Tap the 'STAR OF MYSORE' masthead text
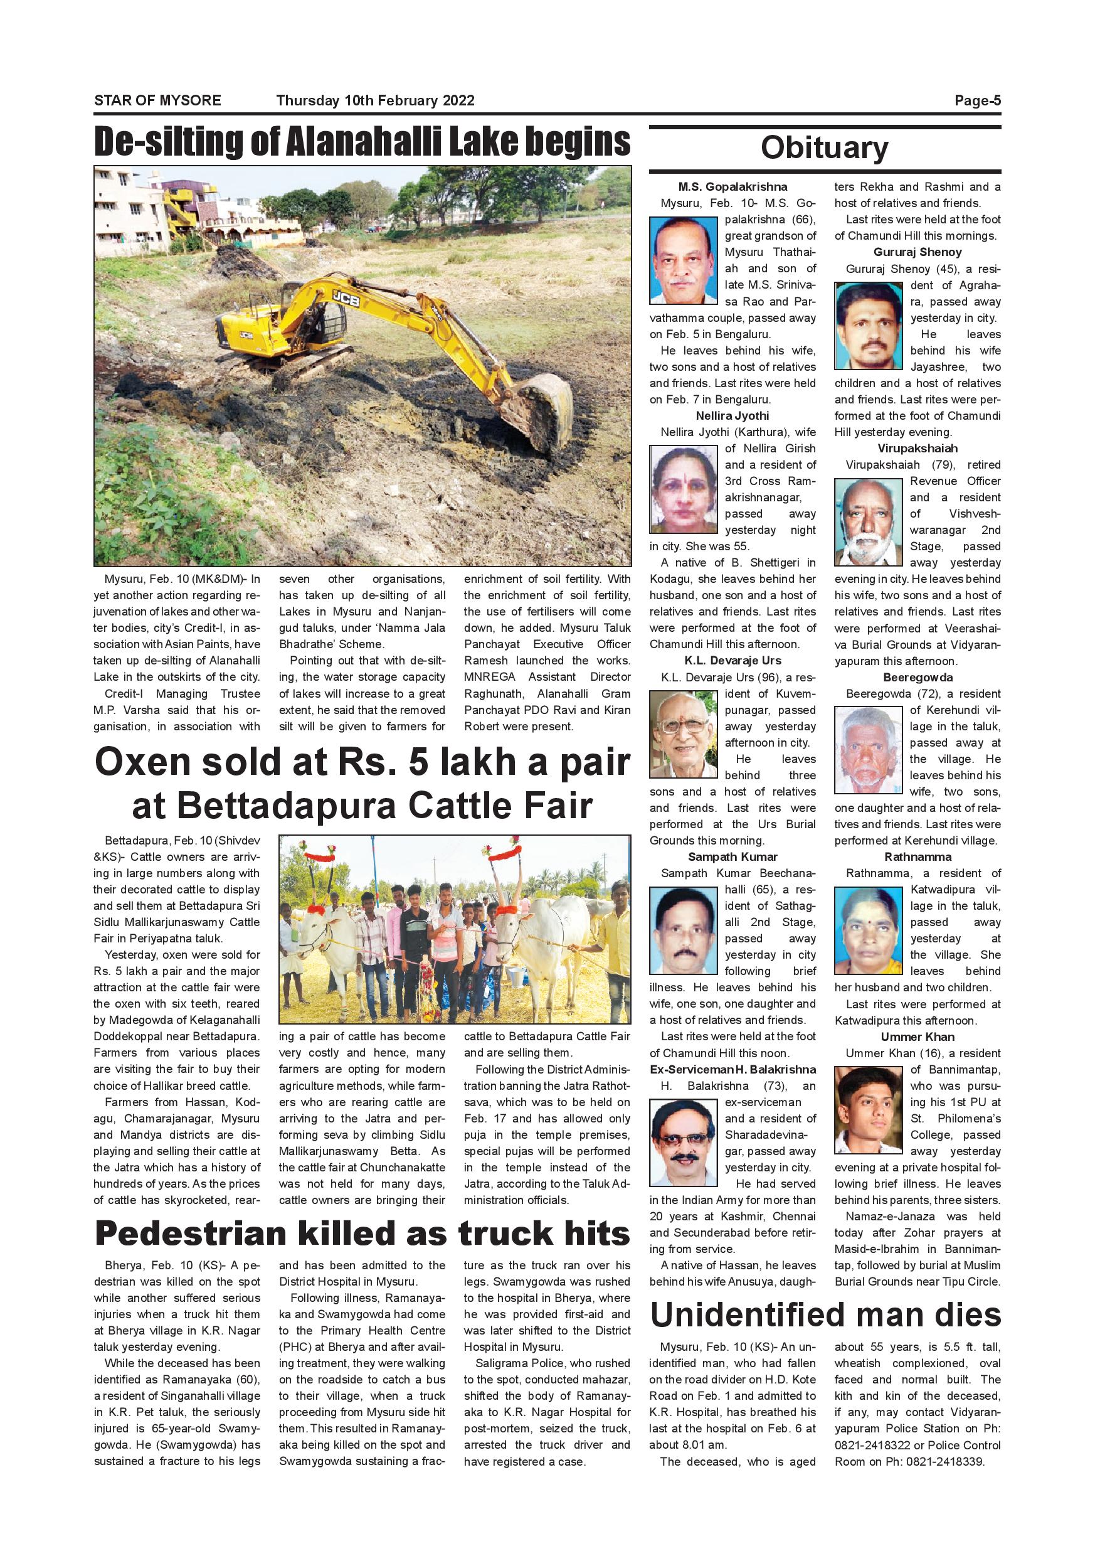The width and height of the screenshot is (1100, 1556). point(157,101)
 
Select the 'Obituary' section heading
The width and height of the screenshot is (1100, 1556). point(823,147)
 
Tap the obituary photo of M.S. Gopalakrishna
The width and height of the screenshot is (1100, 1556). point(683,260)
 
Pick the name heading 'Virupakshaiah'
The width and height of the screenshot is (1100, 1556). point(917,449)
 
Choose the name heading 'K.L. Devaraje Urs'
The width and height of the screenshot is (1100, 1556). point(732,661)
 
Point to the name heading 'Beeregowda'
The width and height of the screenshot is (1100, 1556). point(917,678)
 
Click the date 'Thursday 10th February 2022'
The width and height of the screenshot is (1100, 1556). point(375,101)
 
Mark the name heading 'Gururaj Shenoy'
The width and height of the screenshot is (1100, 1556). point(917,252)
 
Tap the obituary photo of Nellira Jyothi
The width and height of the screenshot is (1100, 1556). point(683,489)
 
